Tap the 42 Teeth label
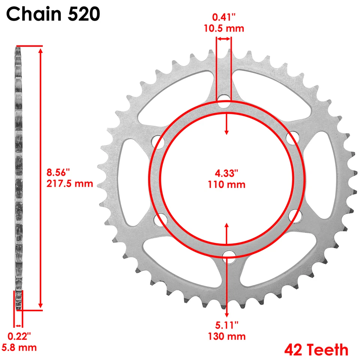(x=316, y=350)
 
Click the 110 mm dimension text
(x=226, y=184)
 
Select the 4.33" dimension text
(x=226, y=174)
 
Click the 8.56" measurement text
(x=58, y=173)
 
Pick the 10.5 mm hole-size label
(x=223, y=28)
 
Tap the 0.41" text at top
(x=223, y=17)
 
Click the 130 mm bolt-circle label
(x=227, y=336)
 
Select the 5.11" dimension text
(x=227, y=325)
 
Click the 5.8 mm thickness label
(x=20, y=347)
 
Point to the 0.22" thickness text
(x=19, y=336)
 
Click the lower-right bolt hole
(x=295, y=215)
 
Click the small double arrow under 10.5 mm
(x=223, y=39)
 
